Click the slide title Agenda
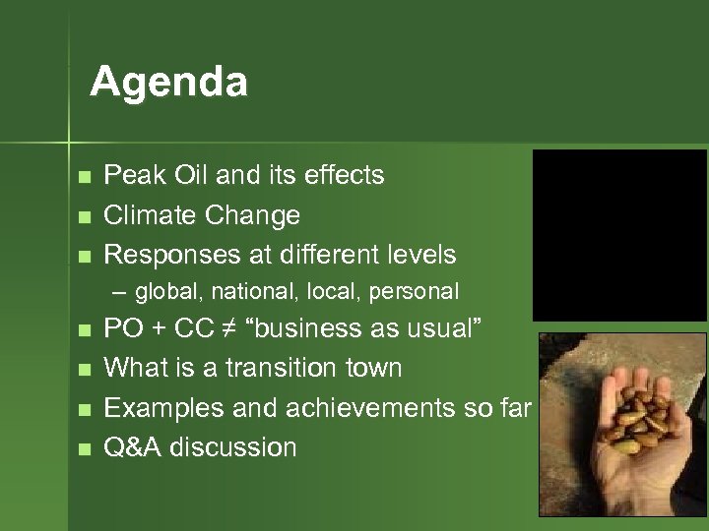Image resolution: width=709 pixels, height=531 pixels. click(x=168, y=82)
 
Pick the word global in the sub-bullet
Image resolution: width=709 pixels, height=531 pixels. click(x=165, y=292)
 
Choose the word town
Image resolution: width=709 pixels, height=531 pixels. click(x=375, y=369)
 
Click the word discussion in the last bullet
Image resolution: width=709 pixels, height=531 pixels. click(x=233, y=448)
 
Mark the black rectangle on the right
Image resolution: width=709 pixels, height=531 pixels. click(x=619, y=234)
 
